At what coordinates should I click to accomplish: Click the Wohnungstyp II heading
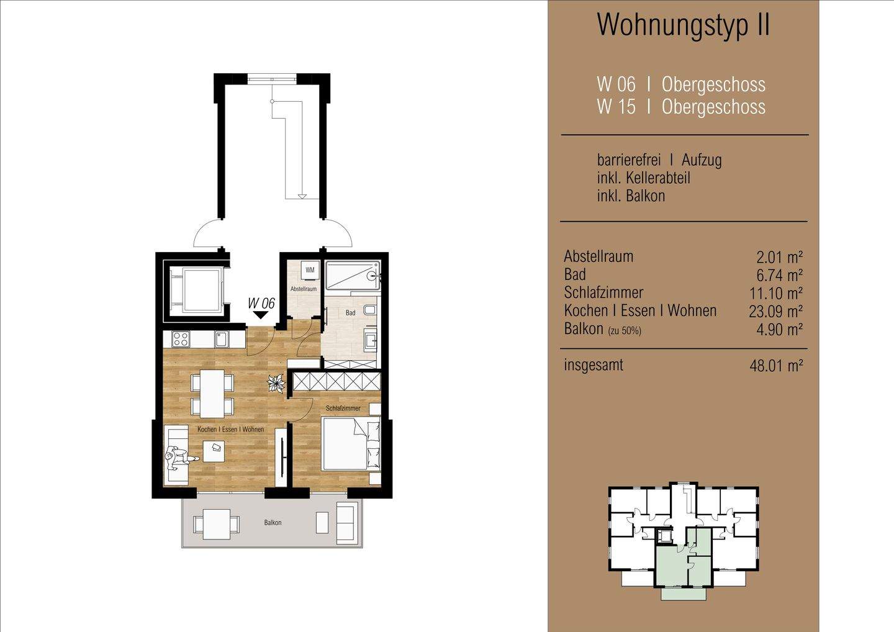683,25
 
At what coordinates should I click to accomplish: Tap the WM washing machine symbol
310,270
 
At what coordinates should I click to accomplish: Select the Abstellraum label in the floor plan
304,289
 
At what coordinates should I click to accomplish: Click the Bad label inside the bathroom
350,313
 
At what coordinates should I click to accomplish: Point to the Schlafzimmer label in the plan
343,409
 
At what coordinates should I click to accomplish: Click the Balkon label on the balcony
273,523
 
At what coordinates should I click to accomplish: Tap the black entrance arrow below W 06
261,315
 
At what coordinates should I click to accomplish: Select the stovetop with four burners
181,339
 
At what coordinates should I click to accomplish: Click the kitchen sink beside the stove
222,339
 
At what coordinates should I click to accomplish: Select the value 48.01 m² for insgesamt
776,366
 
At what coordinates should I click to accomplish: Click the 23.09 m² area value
776,311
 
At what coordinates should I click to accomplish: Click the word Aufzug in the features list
702,160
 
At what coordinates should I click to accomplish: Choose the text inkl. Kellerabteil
643,178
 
